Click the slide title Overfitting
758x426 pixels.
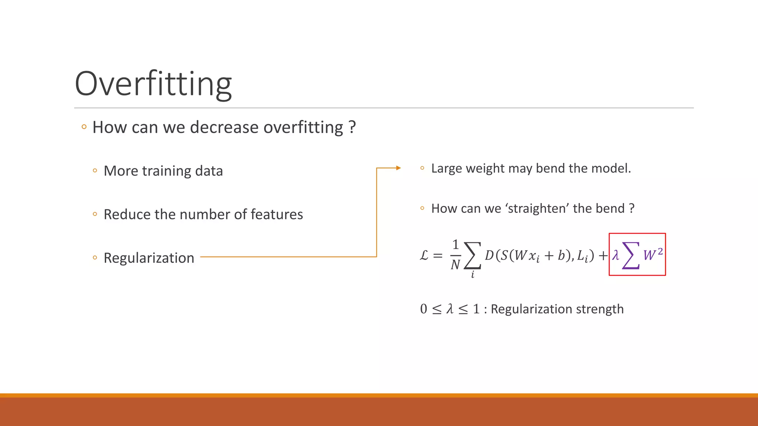pyautogui.click(x=153, y=84)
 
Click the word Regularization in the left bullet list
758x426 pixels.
pyautogui.click(x=149, y=258)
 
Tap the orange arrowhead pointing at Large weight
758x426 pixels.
pyautogui.click(x=398, y=168)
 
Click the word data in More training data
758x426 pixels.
pyautogui.click(x=209, y=171)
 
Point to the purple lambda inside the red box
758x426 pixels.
pyautogui.click(x=616, y=255)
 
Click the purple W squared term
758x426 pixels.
pyautogui.click(x=653, y=254)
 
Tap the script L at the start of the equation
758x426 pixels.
pyautogui.click(x=424, y=255)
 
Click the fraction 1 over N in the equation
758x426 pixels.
pyautogui.click(x=455, y=254)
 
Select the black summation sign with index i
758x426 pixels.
pyautogui.click(x=473, y=256)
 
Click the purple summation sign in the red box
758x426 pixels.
pyautogui.click(x=631, y=255)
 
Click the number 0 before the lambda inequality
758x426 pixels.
pyautogui.click(x=424, y=309)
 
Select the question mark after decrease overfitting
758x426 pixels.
pyautogui.click(x=352, y=127)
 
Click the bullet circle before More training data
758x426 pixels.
pyautogui.click(x=95, y=171)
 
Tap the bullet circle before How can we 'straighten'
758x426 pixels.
pyautogui.click(x=422, y=208)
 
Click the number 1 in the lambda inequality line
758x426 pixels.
pyautogui.click(x=476, y=309)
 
